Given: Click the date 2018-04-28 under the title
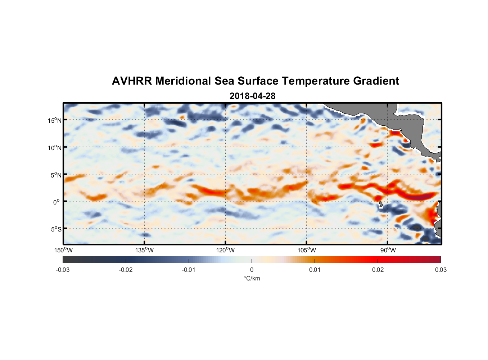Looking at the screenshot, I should click(x=252, y=96).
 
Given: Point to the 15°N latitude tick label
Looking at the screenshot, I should click(x=55, y=120).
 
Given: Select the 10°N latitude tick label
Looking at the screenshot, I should click(x=55, y=148).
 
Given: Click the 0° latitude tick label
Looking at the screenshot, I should click(x=57, y=202).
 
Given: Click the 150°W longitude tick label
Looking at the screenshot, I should click(x=63, y=250).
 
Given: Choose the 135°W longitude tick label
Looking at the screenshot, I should click(x=144, y=250).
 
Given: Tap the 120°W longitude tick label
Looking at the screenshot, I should click(x=225, y=250).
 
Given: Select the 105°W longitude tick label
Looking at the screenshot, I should click(x=307, y=250).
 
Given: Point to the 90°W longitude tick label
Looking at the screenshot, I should click(x=388, y=250).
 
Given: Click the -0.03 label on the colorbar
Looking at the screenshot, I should click(x=63, y=270).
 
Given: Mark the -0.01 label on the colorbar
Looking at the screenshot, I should click(x=189, y=270).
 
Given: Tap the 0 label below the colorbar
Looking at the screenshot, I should click(x=252, y=270).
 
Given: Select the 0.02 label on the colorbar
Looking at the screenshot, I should click(x=378, y=270).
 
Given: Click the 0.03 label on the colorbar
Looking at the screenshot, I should click(x=440, y=270).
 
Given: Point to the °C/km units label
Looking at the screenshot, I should click(x=252, y=278).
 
